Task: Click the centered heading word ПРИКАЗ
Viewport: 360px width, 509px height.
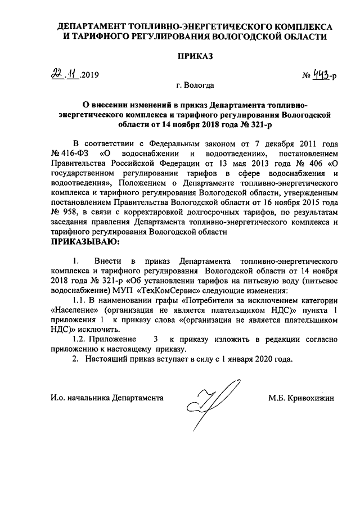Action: tap(196, 57)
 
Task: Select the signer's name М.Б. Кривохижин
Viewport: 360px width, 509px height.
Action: tap(301, 398)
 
